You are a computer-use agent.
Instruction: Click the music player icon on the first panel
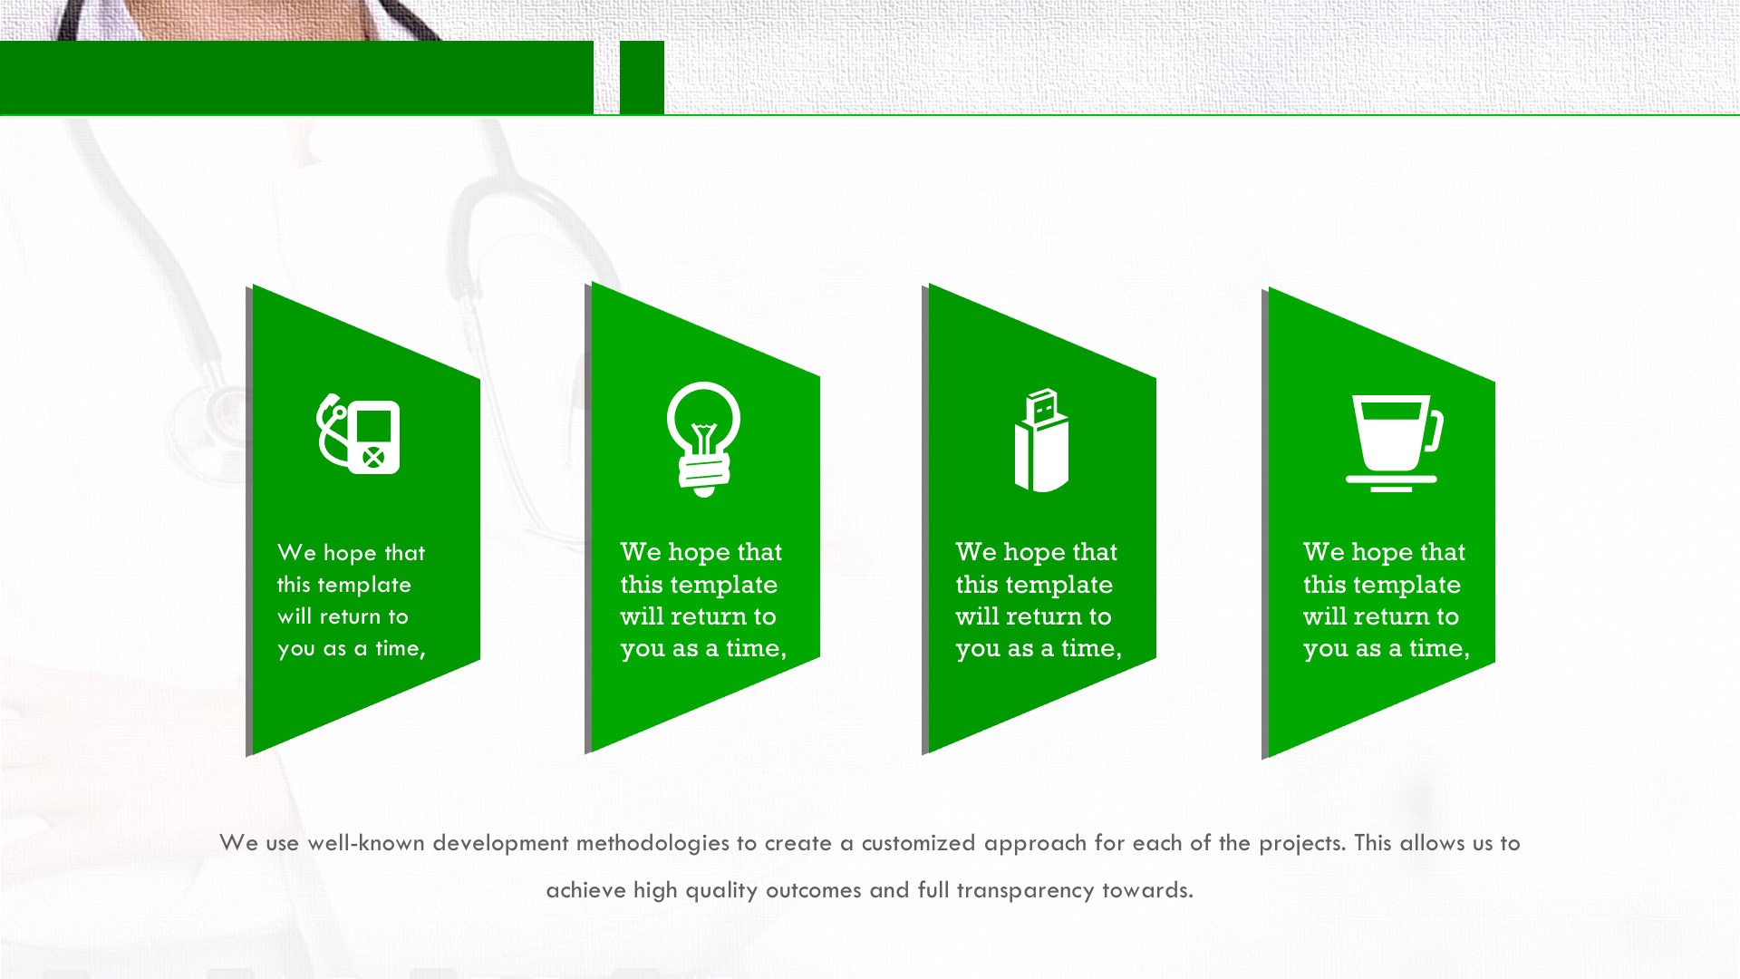pos(358,434)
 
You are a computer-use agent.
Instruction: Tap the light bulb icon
pos(703,439)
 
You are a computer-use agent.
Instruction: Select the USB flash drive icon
pos(1041,441)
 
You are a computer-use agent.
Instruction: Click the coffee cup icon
pos(1394,443)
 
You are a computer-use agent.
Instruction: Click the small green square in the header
pos(642,77)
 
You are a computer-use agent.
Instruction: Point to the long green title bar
pos(296,77)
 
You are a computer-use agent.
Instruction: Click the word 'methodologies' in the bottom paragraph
pos(652,843)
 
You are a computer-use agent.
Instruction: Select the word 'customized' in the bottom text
pos(918,843)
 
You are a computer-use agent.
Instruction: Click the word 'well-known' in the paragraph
pos(366,843)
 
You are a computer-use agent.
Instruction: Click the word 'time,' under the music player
pos(401,648)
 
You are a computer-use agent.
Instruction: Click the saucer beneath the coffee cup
pos(1391,481)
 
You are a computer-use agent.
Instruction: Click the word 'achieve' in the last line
pos(585,891)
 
